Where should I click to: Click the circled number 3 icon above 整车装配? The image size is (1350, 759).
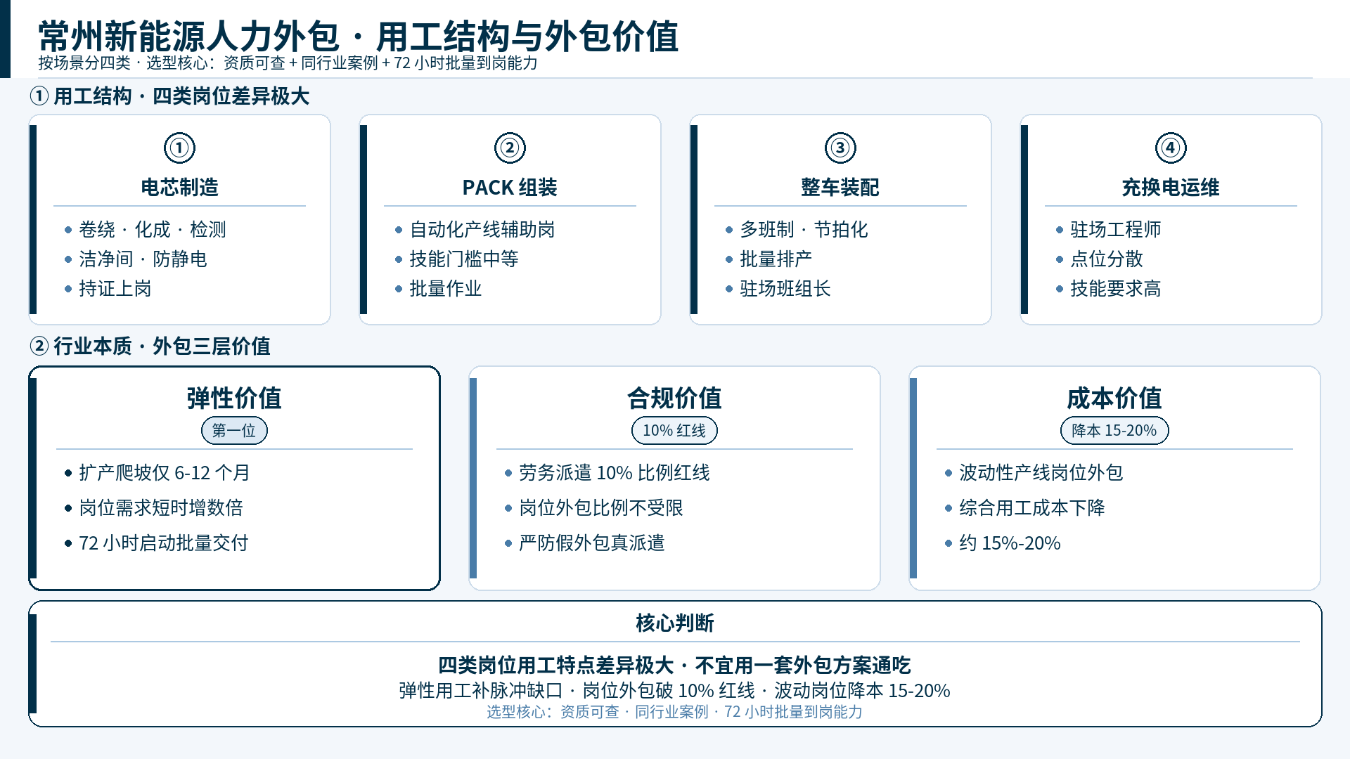tap(840, 148)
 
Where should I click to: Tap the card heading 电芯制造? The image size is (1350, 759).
tap(179, 188)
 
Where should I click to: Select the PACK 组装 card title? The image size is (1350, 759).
tap(510, 188)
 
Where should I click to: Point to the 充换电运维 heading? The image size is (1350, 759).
tap(1171, 188)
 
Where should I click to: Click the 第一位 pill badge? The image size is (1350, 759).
tap(234, 431)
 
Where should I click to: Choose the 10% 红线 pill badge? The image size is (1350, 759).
tap(674, 431)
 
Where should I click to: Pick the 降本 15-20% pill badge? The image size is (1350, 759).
tap(1114, 431)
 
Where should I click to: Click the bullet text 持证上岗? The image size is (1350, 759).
tap(115, 289)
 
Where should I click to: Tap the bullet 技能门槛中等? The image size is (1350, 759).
tap(464, 259)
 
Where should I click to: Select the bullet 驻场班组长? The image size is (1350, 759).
tap(785, 289)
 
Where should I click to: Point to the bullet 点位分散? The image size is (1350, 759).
tap(1107, 259)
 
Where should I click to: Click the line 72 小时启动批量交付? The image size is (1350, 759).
tap(164, 543)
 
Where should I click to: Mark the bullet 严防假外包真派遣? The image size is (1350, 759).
tap(592, 543)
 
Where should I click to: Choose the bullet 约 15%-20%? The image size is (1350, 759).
tap(1010, 543)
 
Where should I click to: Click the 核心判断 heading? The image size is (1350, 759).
tap(675, 623)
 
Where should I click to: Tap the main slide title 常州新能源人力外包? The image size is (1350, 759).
tap(189, 37)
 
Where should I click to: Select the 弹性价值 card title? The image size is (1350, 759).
tap(234, 398)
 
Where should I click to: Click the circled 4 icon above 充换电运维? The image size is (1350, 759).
tap(1171, 148)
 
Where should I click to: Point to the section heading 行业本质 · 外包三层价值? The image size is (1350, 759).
tap(162, 346)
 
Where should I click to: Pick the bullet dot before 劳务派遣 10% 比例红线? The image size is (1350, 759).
tap(508, 473)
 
